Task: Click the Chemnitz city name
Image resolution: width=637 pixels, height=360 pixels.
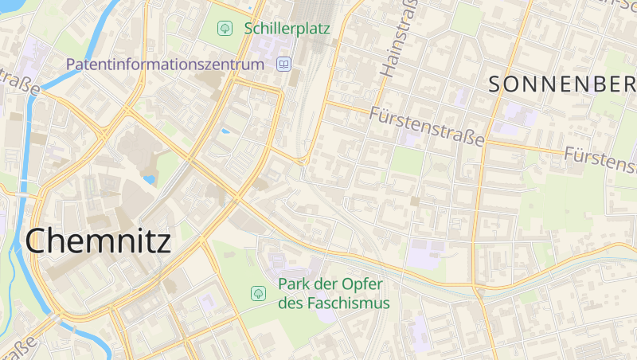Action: tap(98, 240)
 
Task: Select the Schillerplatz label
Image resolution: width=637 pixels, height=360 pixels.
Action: tap(287, 28)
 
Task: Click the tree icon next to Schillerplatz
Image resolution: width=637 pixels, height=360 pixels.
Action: tap(225, 29)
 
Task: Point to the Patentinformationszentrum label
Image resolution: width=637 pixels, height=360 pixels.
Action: tap(165, 64)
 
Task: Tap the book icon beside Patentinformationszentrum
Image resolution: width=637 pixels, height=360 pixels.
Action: tap(283, 64)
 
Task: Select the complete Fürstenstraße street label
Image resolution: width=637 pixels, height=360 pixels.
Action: tap(428, 127)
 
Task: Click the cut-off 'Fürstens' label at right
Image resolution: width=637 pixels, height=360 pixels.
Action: tap(600, 158)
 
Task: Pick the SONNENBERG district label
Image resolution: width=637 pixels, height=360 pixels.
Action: tap(561, 84)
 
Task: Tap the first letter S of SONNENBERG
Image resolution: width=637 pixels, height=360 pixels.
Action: tap(494, 84)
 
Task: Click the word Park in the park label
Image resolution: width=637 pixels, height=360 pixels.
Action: tap(294, 284)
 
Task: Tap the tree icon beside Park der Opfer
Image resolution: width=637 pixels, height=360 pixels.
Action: tap(258, 293)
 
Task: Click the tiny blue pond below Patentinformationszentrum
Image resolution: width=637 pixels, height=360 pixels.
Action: tap(225, 131)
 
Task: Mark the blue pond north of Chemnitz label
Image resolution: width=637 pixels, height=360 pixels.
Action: tap(149, 179)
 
